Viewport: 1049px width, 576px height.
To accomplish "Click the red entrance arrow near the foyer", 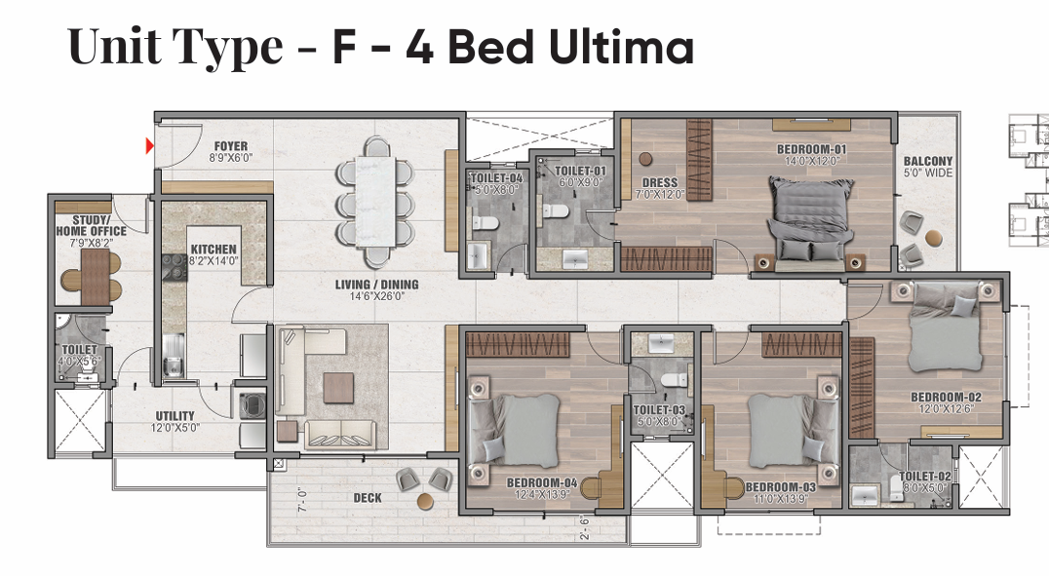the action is pyautogui.click(x=150, y=145).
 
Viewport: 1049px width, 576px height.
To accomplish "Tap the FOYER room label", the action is pyautogui.click(x=231, y=146).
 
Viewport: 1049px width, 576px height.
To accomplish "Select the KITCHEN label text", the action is pyautogui.click(x=214, y=250).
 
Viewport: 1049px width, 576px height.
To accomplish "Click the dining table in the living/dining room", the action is pyautogui.click(x=375, y=200).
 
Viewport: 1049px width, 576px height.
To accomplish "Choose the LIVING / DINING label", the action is pyautogui.click(x=376, y=285).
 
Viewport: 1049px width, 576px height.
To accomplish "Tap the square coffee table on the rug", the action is pyautogui.click(x=338, y=388).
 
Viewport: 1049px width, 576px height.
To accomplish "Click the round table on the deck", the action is pyautogui.click(x=425, y=500).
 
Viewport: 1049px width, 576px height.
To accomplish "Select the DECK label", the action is pyautogui.click(x=368, y=498).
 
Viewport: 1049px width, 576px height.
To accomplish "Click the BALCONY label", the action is pyautogui.click(x=928, y=161).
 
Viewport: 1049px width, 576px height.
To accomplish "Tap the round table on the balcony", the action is pyautogui.click(x=934, y=238).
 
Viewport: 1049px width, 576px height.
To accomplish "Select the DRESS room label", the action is pyautogui.click(x=660, y=182).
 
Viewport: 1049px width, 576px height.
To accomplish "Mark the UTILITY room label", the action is pyautogui.click(x=175, y=416).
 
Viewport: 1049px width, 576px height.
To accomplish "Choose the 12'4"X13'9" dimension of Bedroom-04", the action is pyautogui.click(x=542, y=495).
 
